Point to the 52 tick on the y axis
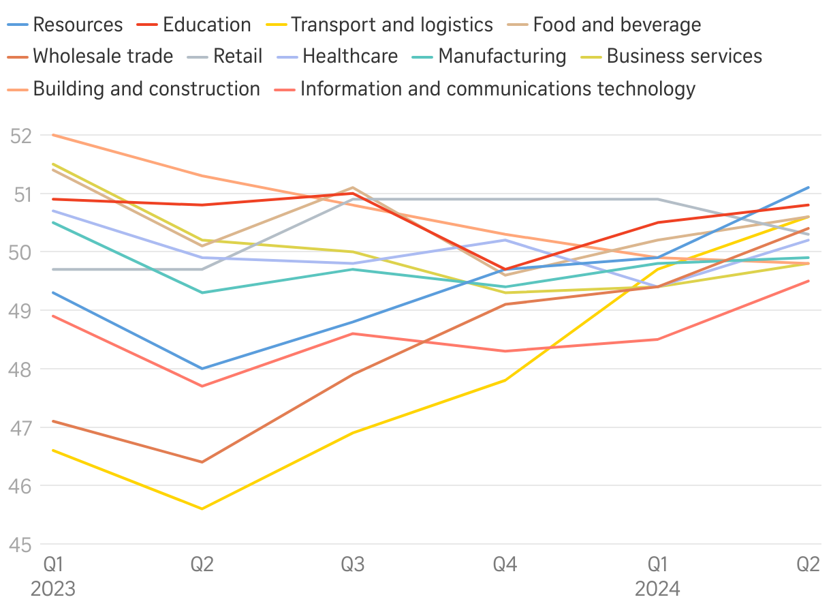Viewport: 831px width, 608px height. tap(21, 136)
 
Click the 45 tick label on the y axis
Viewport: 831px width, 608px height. tap(21, 545)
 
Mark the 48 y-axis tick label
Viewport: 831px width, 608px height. tap(21, 369)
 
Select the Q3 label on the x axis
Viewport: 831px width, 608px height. tap(353, 564)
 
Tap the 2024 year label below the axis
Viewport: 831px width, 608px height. tap(657, 588)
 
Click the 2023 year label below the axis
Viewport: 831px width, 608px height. tap(53, 588)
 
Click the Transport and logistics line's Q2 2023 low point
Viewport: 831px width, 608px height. tap(202, 508)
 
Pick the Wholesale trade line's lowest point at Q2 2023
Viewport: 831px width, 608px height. tap(202, 462)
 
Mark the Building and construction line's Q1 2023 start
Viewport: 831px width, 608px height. tap(53, 135)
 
